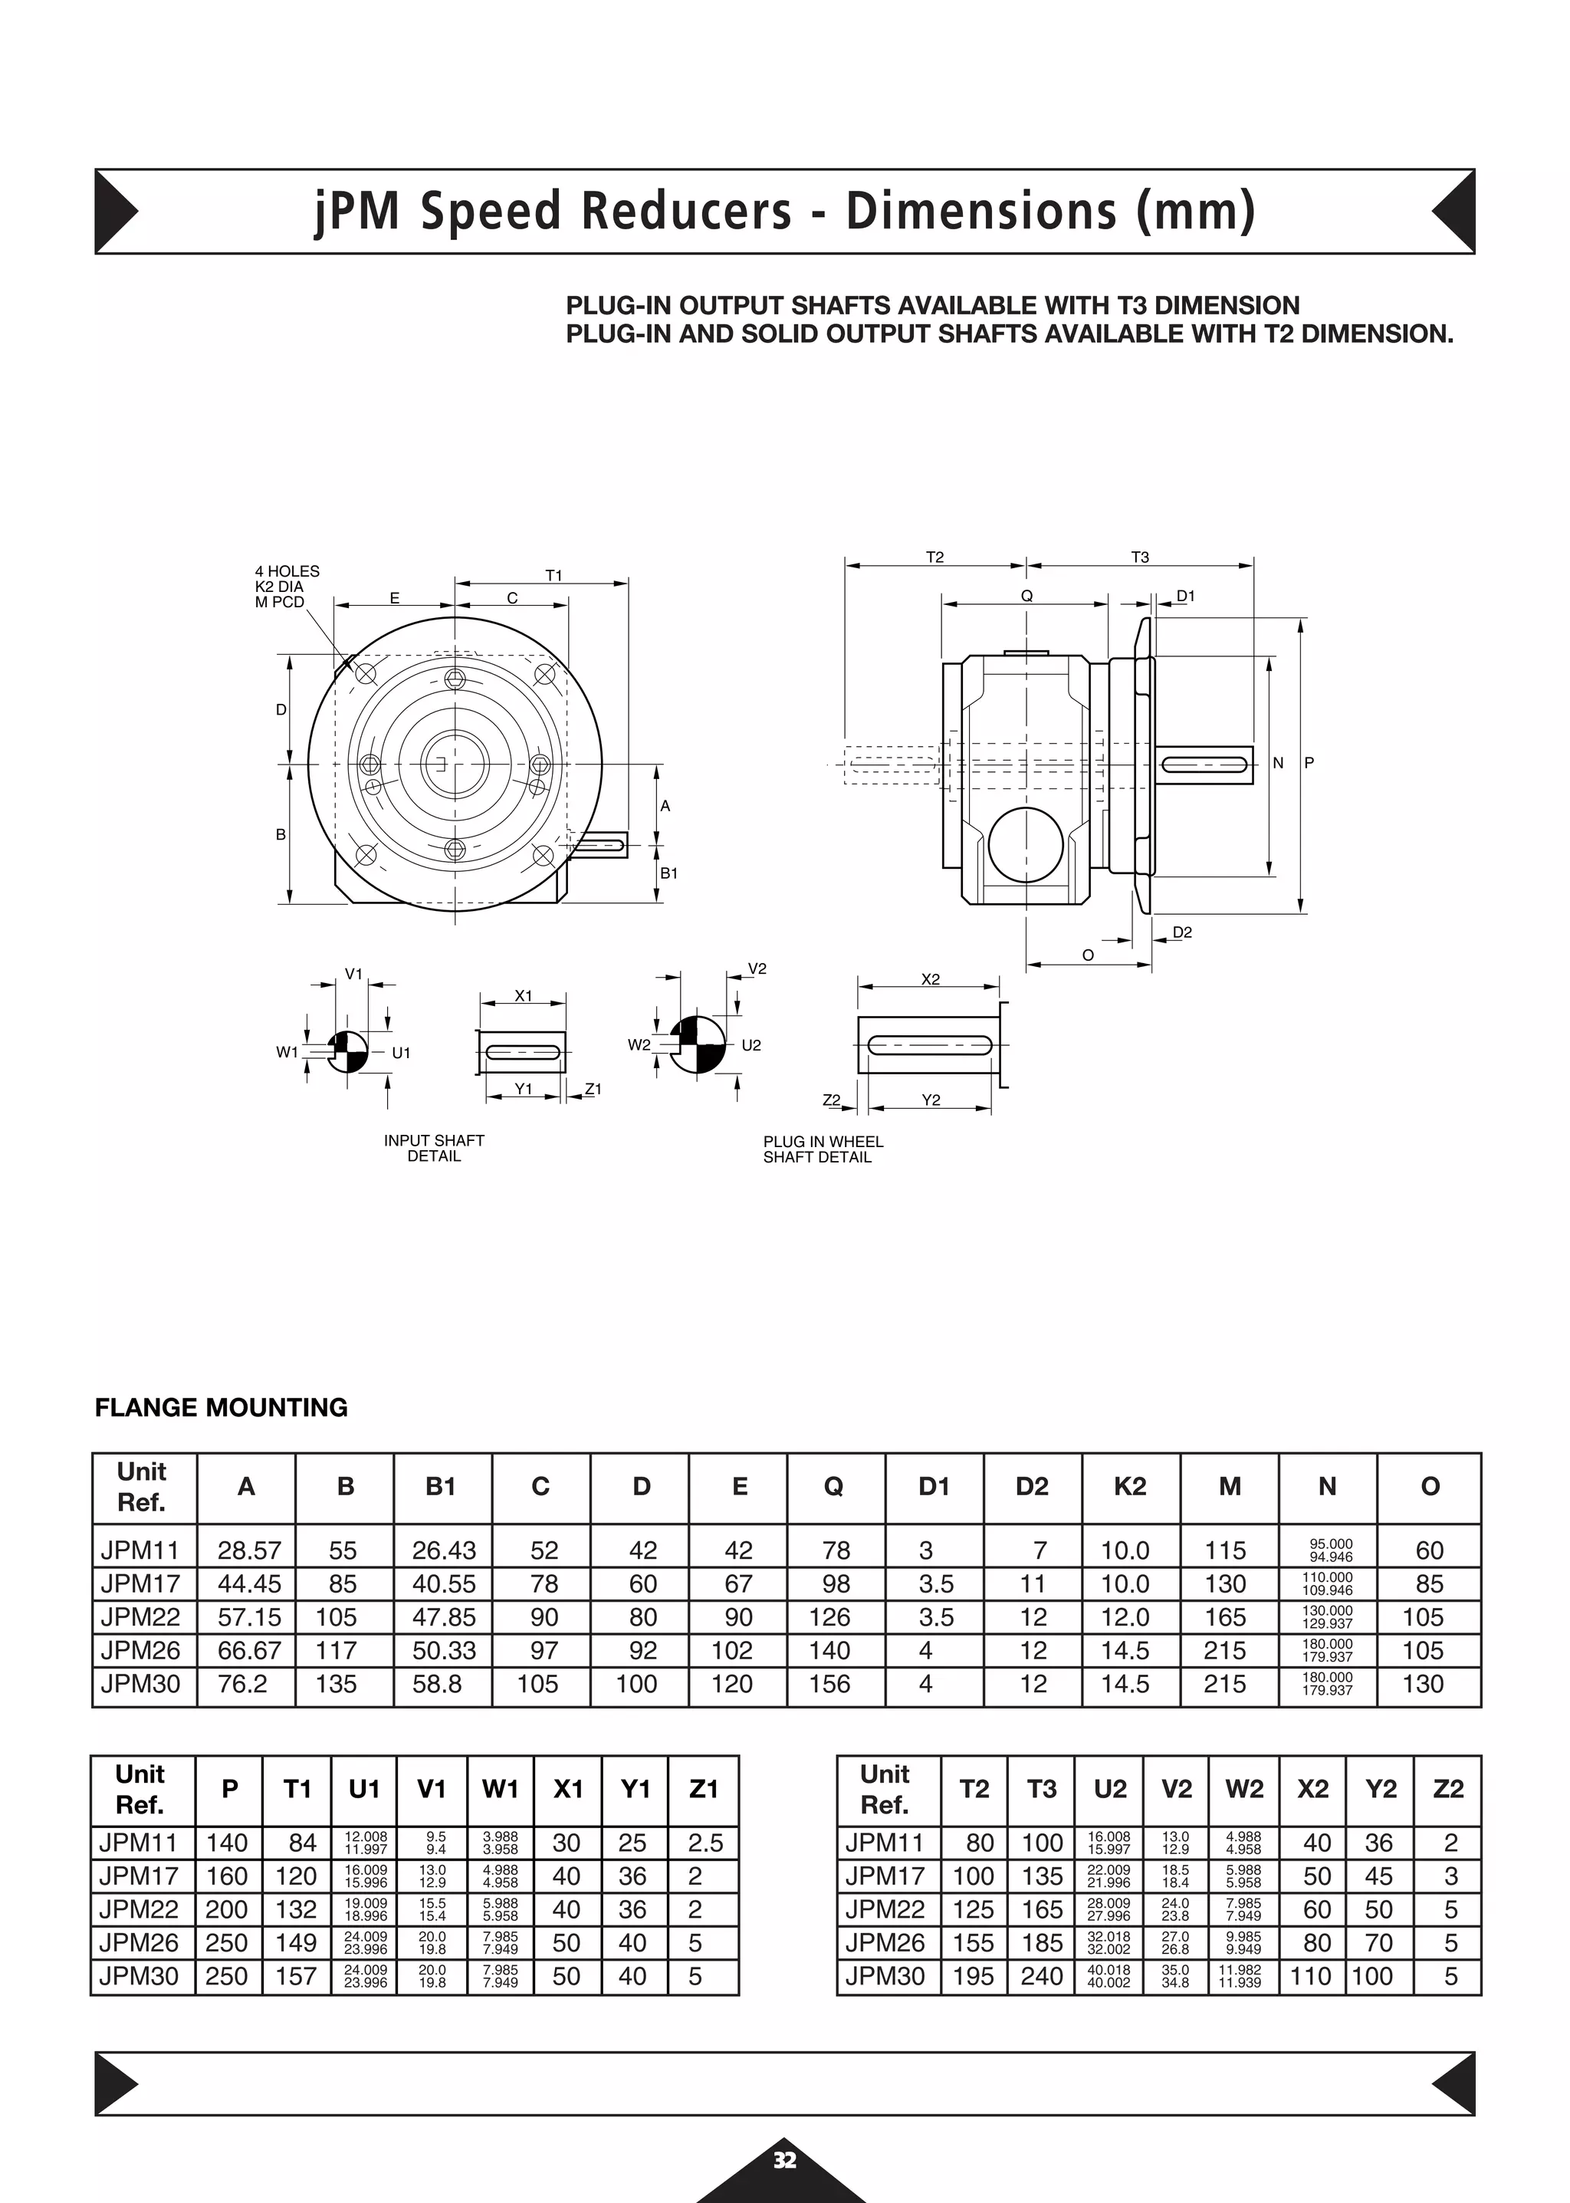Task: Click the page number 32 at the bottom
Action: tap(784, 2159)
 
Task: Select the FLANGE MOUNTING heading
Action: tap(222, 1407)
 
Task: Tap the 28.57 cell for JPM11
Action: tap(248, 1550)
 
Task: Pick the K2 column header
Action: tap(1129, 1486)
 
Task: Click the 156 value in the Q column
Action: tap(829, 1684)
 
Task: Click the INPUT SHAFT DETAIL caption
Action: tap(434, 1148)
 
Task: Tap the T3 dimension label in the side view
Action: tap(1140, 557)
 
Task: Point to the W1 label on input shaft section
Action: tap(287, 1052)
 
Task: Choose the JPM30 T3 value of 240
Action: tap(1041, 1976)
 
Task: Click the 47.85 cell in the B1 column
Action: tap(443, 1617)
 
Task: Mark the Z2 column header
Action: tap(1447, 1789)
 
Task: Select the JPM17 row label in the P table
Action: tap(140, 1876)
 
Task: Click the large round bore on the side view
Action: tap(1026, 844)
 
